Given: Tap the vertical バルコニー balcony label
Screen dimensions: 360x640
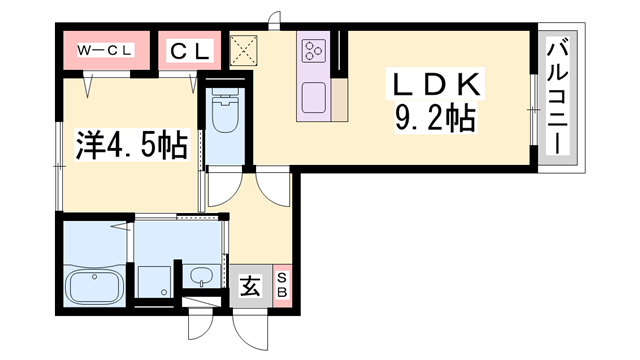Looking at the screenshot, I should pyautogui.click(x=558, y=98).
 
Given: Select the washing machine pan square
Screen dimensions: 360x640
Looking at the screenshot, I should pyautogui.click(x=154, y=280).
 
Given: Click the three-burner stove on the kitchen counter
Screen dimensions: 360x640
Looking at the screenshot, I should pyautogui.click(x=313, y=50).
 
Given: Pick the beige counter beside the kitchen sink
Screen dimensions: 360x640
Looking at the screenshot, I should pyautogui.click(x=340, y=100).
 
